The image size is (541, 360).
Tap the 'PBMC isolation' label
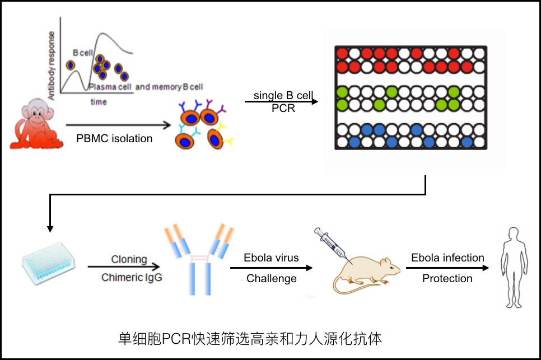pos(114,139)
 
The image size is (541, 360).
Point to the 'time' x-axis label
pos(99,102)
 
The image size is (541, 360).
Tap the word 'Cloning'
pos(129,260)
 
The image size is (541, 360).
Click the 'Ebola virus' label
pos(271,259)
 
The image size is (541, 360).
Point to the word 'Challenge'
pos(272,278)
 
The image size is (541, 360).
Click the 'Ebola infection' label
pos(447,258)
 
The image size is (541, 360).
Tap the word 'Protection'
pos(447,278)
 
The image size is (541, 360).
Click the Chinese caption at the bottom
pos(250,338)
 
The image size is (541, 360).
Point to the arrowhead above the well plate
pos(50,228)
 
